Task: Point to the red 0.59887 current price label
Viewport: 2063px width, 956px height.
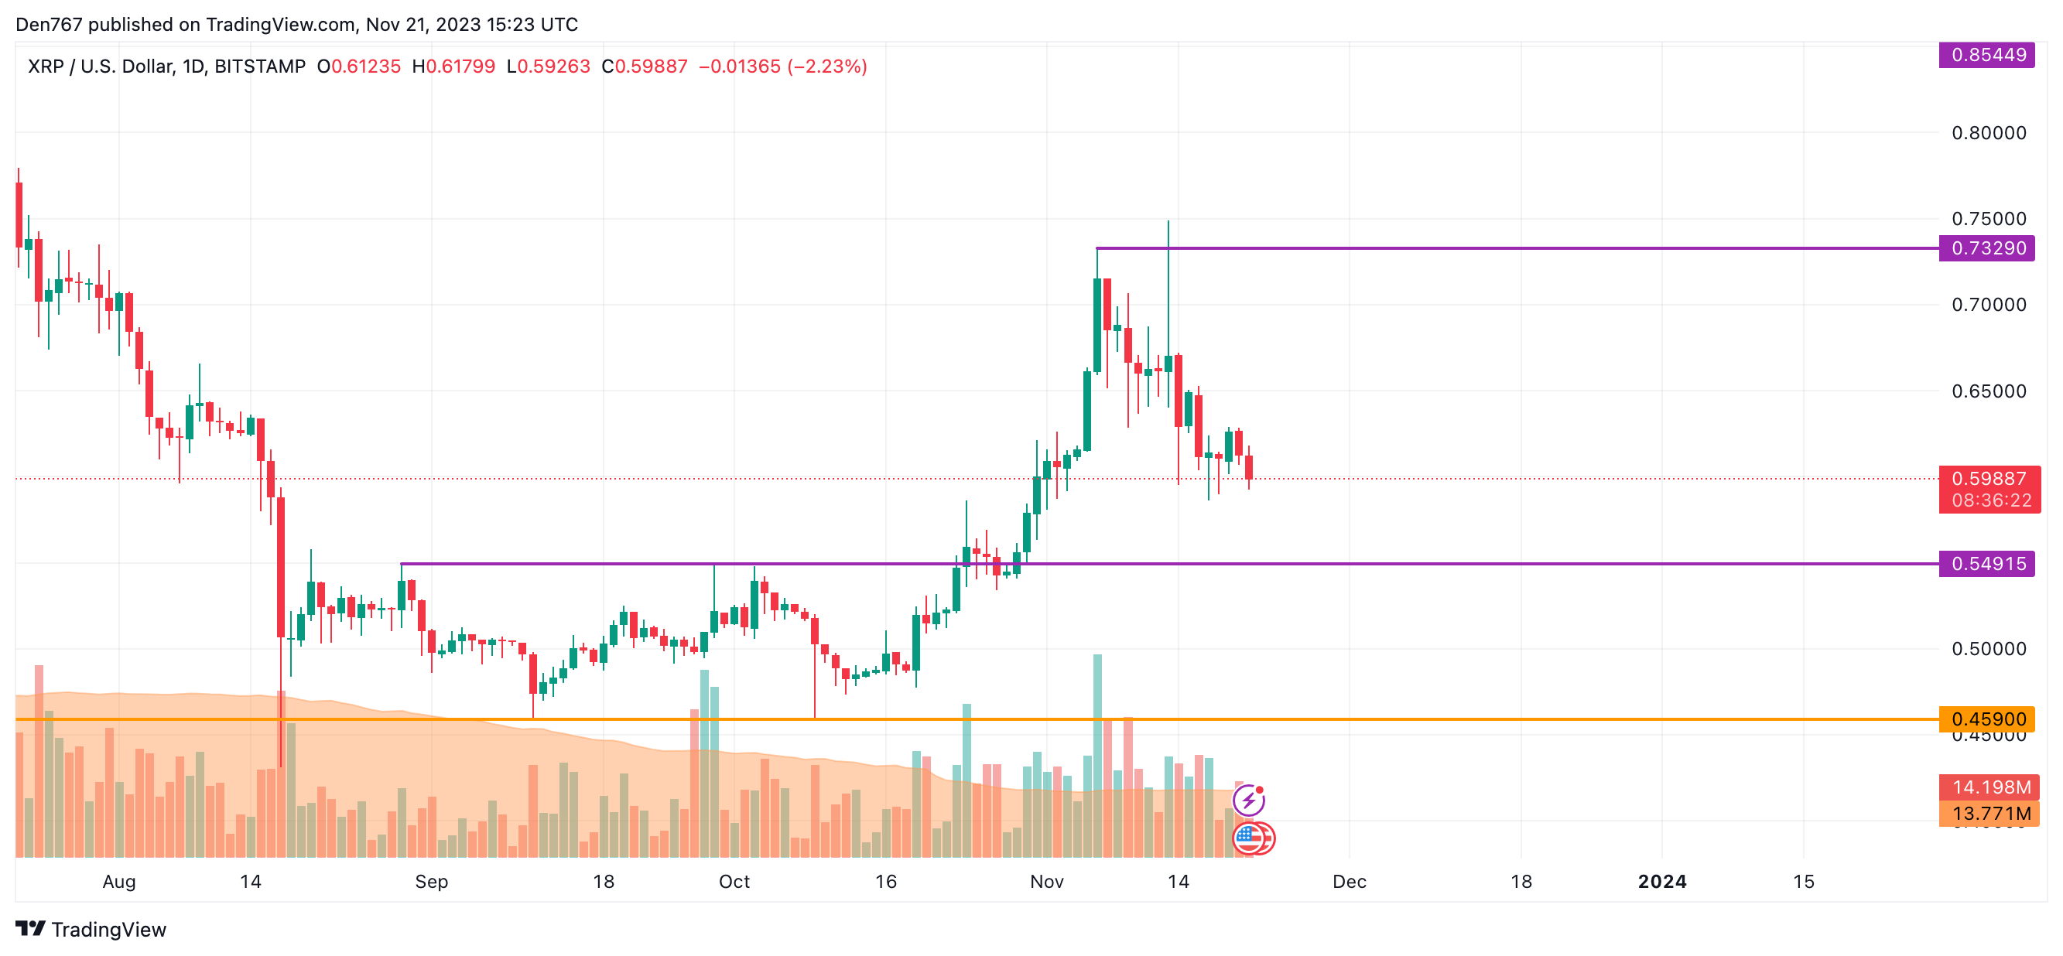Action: point(1989,479)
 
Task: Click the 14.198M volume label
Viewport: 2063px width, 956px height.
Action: point(1990,787)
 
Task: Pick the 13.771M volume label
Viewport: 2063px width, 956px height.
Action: point(1990,814)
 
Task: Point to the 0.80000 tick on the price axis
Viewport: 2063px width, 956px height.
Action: point(1989,133)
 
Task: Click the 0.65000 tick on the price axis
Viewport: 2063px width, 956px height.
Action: point(1989,391)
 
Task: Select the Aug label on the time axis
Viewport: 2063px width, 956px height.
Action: point(119,882)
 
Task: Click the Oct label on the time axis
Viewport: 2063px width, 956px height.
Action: point(734,882)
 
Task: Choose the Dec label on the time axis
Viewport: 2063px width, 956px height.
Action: point(1350,882)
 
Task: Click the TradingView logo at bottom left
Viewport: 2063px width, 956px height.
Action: point(91,930)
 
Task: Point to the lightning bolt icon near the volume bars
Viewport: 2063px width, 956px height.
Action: point(1247,800)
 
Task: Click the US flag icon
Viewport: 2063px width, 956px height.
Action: point(1248,838)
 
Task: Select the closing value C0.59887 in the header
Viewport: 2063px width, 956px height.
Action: point(645,67)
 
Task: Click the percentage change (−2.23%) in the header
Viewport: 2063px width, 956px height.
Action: point(827,67)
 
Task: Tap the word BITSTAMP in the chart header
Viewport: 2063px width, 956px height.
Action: point(260,67)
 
